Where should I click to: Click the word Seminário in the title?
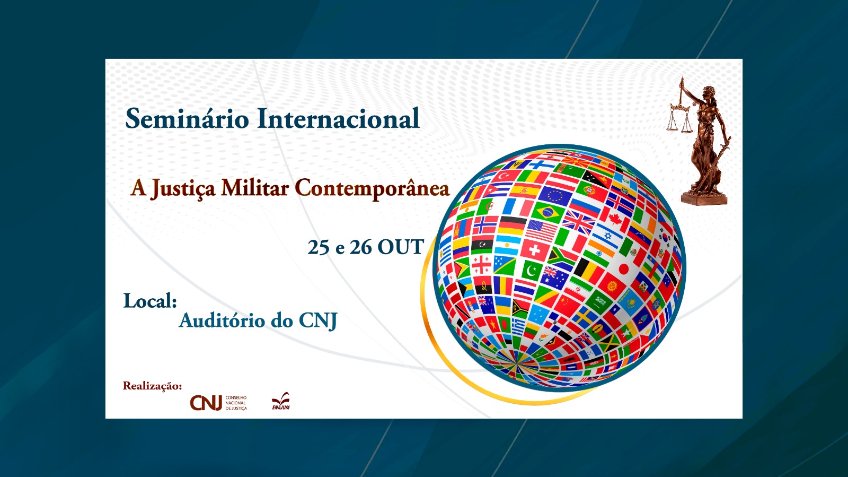187,119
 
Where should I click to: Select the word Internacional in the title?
338,119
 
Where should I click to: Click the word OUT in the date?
401,247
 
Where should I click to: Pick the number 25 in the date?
319,247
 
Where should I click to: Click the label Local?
151,301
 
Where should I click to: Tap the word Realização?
152,386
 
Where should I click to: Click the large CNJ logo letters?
206,403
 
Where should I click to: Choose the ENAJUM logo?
281,401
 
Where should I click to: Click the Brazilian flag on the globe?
547,213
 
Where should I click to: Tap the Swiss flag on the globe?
534,250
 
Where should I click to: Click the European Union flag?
555,195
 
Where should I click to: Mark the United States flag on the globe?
541,230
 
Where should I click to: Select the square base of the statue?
704,197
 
